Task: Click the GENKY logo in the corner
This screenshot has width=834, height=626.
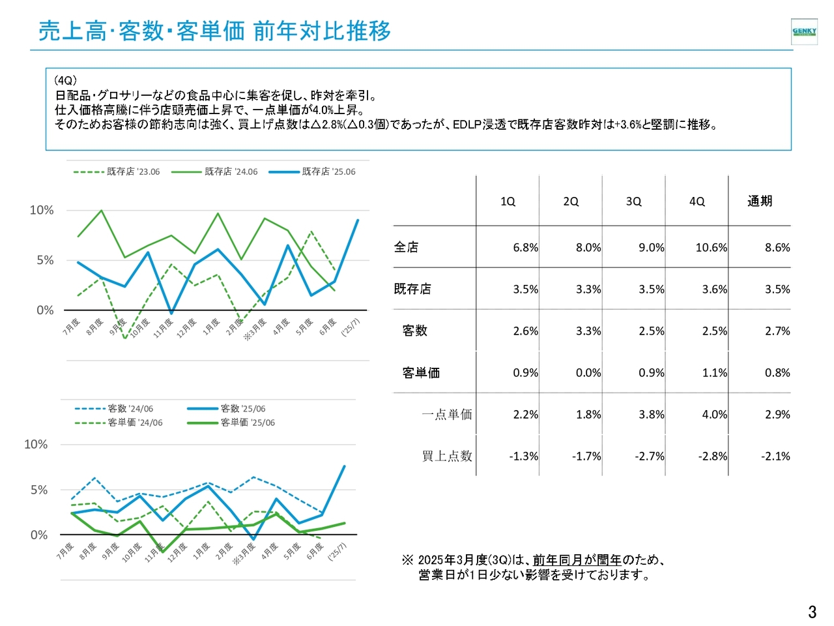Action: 804,31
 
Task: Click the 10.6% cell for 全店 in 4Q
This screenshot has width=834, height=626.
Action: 711,248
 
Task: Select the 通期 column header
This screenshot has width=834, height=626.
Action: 760,201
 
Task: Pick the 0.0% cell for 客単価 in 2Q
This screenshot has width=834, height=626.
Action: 588,373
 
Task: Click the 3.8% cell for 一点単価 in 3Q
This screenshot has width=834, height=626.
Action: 652,415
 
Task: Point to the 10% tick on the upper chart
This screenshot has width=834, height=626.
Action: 42,210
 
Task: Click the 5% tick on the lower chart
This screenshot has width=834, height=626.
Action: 39,490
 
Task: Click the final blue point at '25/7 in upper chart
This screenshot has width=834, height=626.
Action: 357,220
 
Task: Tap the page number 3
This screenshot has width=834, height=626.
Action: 812,612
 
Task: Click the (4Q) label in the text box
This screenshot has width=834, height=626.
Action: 66,81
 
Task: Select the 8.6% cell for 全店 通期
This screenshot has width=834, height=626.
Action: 777,248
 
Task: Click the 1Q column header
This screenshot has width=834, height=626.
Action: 508,201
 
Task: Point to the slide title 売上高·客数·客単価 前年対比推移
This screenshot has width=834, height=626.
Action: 215,31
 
